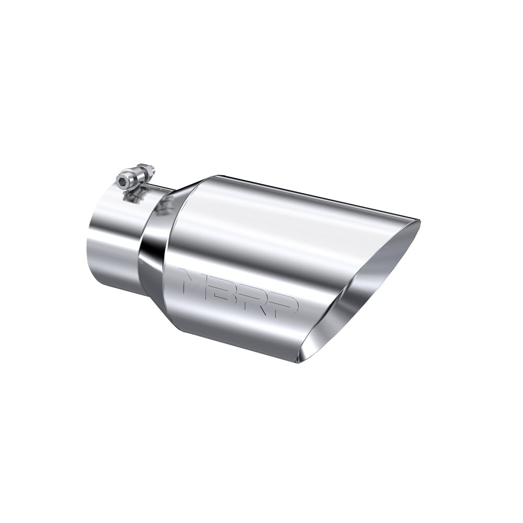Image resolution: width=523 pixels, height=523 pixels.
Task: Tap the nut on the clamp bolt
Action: [145, 170]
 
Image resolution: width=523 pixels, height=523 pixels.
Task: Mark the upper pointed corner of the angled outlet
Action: [418, 223]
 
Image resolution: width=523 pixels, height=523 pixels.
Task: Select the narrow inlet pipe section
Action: [112, 235]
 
